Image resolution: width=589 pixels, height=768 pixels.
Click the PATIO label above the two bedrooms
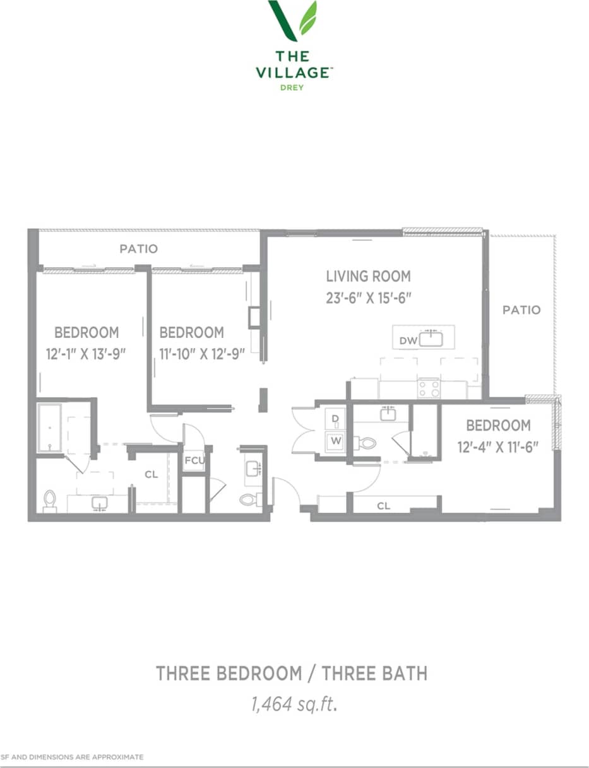(138, 249)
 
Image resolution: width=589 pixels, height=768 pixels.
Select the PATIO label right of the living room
(521, 310)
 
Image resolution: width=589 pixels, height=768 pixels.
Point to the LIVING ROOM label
(368, 276)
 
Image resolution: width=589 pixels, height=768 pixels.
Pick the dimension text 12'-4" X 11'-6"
(498, 447)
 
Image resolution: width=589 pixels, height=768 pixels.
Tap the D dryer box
(335, 419)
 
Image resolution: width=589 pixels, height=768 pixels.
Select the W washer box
(335, 440)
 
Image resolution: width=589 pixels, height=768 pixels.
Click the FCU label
(194, 460)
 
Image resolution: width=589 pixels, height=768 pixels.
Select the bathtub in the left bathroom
(49, 428)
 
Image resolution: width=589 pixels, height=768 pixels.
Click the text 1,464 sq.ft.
(291, 703)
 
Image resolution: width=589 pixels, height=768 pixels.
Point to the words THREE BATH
(374, 673)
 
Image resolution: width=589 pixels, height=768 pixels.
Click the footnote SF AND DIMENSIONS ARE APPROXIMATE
(73, 757)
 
